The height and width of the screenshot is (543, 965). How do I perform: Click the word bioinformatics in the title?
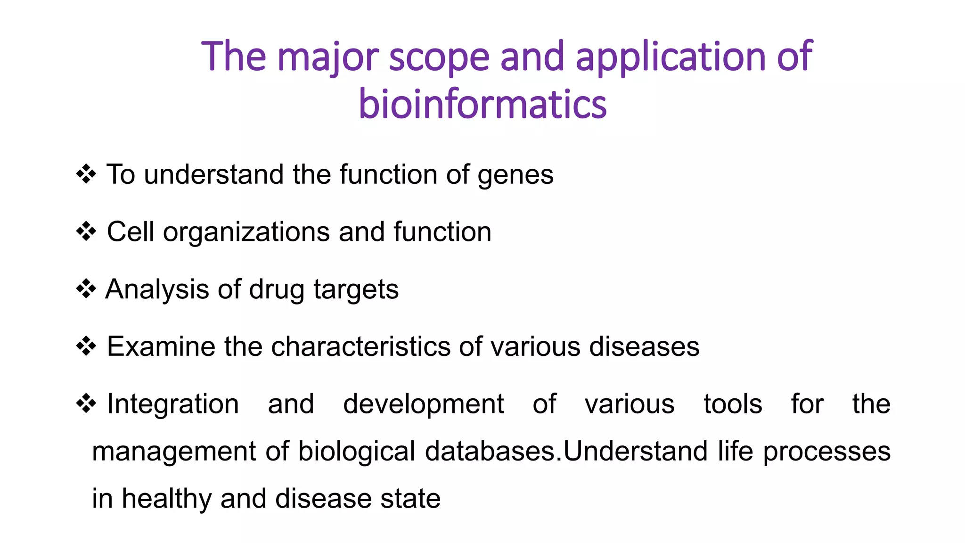[482, 105]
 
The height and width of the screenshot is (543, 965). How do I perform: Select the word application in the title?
[671, 58]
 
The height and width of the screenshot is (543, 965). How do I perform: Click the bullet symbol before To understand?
[86, 174]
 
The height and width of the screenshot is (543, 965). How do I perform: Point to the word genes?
[515, 175]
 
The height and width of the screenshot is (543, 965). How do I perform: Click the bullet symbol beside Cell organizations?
[86, 231]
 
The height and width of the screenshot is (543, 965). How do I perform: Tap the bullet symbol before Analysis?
[86, 288]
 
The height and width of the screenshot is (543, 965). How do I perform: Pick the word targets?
[356, 290]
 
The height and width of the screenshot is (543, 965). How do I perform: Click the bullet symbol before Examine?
[86, 346]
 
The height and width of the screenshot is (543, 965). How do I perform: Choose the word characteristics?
[361, 347]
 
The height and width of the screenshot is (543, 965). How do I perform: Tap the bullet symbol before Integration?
[86, 403]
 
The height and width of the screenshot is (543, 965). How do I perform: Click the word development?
[423, 404]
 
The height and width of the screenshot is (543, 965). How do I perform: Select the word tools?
[733, 404]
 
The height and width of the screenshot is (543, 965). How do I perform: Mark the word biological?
[356, 452]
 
